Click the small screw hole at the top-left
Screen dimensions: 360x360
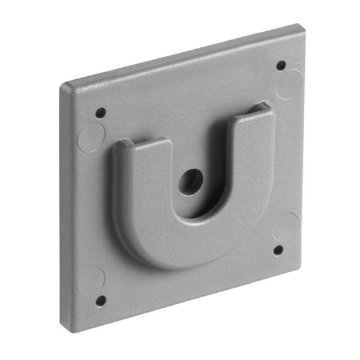coord(101,112)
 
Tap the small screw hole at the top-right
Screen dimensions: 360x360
coord(281,65)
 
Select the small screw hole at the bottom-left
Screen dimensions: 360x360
coord(101,300)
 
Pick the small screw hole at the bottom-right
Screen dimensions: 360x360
coord(278,250)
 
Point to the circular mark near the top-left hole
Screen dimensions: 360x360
coord(91,136)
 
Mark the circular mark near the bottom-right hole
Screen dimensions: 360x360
coord(286,227)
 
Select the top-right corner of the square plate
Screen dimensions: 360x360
coord(300,26)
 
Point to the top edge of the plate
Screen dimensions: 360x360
coord(180,55)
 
